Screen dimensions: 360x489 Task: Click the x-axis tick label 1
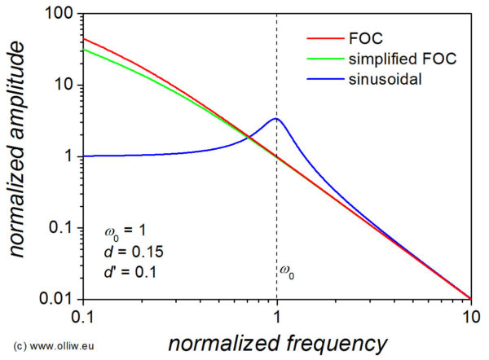point(277,315)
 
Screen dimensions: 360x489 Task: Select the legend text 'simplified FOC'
point(400,59)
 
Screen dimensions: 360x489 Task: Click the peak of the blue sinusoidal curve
point(277,119)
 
